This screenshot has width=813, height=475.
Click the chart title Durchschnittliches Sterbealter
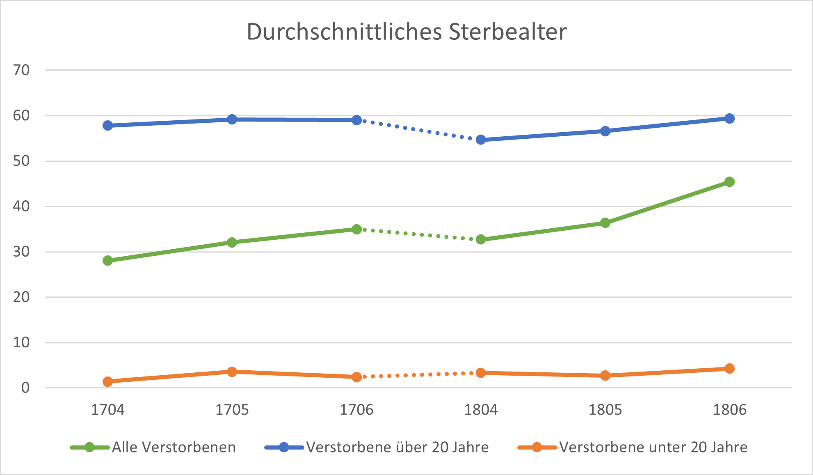(406, 32)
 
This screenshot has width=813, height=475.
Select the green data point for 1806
(729, 181)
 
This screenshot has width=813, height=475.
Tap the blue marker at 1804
(481, 140)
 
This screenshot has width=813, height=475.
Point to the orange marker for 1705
(232, 372)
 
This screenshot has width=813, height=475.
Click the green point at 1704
(107, 260)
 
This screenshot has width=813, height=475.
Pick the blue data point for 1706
(356, 120)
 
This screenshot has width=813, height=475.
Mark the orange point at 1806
(729, 368)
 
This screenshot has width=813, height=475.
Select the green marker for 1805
(605, 223)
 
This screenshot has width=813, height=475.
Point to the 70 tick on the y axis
(21, 70)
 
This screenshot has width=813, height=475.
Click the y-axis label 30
(21, 252)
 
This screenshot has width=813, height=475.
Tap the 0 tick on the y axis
(25, 388)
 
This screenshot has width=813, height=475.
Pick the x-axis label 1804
(481, 410)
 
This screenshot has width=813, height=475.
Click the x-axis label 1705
(232, 410)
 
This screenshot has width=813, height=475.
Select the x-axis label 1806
(729, 410)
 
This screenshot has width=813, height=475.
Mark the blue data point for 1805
(605, 131)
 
